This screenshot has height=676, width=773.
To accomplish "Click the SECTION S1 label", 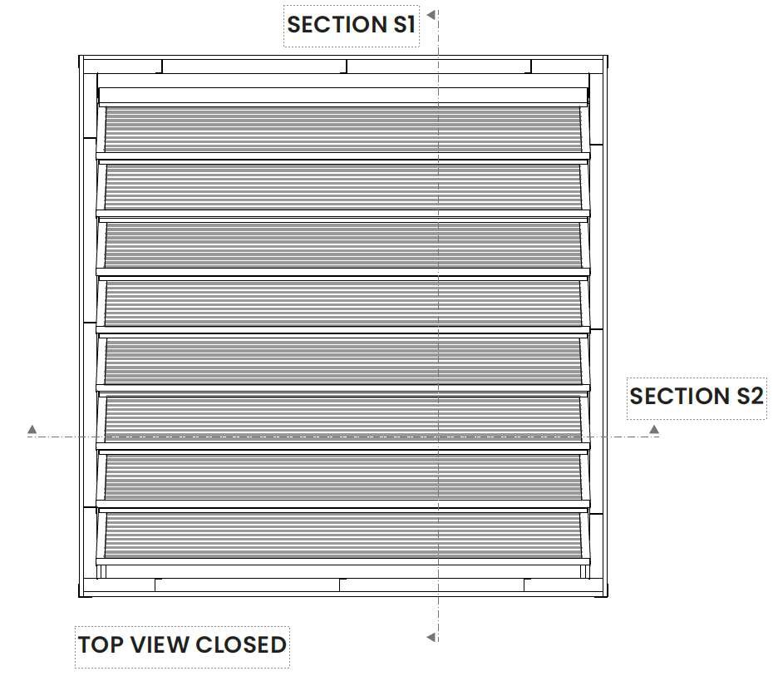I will [351, 25].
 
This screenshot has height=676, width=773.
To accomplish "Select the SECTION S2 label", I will [696, 396].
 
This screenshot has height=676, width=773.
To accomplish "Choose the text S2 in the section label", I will [749, 396].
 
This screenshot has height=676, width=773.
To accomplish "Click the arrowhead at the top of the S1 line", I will [431, 14].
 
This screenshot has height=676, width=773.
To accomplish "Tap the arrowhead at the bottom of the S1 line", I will [431, 638].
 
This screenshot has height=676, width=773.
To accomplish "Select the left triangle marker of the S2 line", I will [32, 429].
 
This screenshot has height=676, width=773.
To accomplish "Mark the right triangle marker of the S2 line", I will [654, 429].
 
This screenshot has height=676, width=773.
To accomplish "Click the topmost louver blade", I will [342, 129].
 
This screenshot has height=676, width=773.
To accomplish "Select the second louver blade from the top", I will [342, 187].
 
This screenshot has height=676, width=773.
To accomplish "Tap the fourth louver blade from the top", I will [342, 303].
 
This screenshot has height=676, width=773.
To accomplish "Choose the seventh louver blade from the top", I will [342, 478].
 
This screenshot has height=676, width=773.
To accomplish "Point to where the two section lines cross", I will [437, 437].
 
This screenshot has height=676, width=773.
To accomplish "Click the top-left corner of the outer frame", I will [80, 57].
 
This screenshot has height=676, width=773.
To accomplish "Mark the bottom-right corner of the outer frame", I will [606, 595].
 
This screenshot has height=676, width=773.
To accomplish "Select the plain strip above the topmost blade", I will [342, 95].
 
